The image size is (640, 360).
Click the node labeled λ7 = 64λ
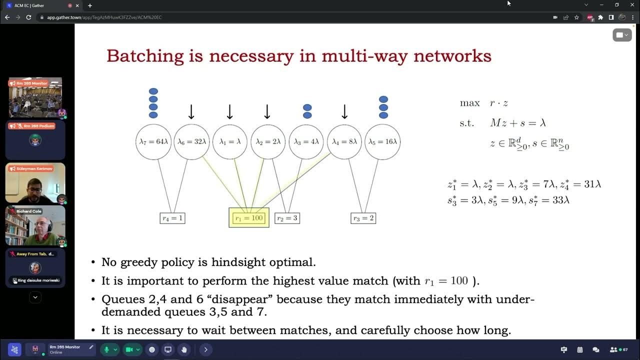[x=153, y=142]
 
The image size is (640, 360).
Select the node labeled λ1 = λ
[x=230, y=142]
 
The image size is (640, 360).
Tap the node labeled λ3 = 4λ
[x=306, y=142]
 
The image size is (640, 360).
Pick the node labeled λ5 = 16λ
[x=382, y=142]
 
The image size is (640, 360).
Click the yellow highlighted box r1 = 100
[x=249, y=218]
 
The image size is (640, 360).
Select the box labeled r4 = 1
[x=172, y=218]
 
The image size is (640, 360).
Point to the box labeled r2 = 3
[x=287, y=218]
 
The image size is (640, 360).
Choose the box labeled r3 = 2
[x=363, y=218]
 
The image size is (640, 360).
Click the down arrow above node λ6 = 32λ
[x=191, y=111]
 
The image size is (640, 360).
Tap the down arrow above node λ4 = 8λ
[x=344, y=111]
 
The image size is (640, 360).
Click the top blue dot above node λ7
[x=153, y=91]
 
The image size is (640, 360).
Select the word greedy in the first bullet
[x=141, y=262]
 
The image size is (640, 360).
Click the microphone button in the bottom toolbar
[x=106, y=349]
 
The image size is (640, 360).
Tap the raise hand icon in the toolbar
[x=184, y=349]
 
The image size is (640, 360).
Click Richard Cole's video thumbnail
[x=35, y=226]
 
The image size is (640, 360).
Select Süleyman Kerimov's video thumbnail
[x=35, y=183]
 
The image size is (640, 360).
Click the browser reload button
[x=28, y=17]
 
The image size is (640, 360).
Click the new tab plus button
[x=90, y=5]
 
